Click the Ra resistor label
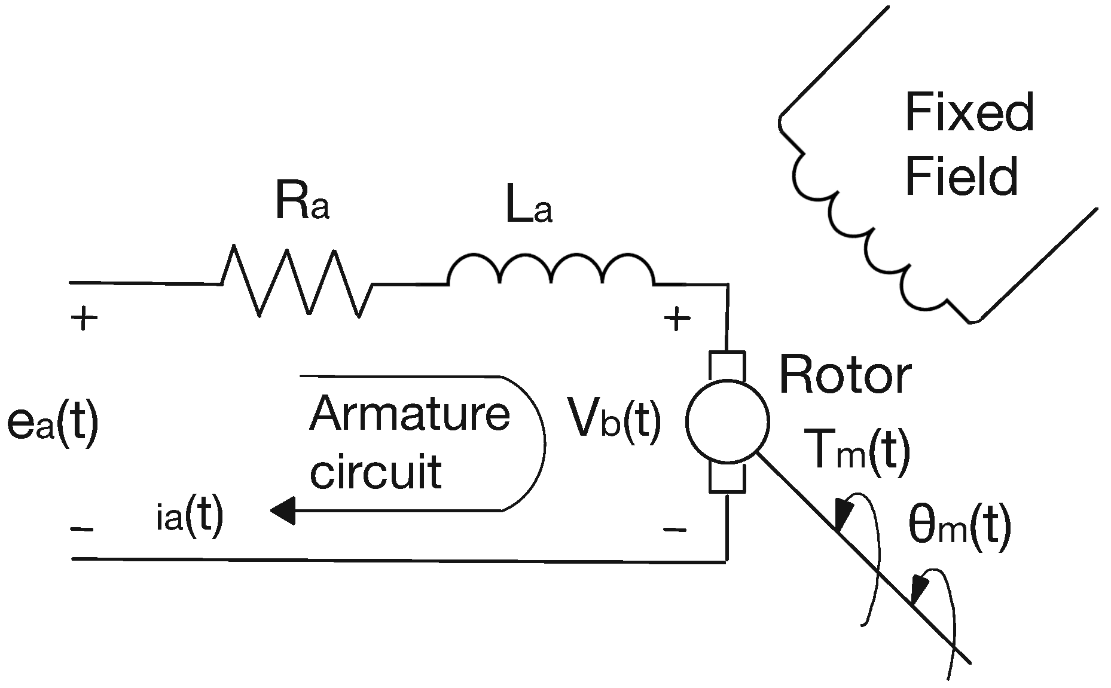coord(302,201)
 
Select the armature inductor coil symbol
coord(551,269)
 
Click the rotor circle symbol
coord(727,421)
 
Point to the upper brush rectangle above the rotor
coord(727,366)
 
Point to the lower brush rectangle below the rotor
coord(727,478)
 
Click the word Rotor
coord(845,375)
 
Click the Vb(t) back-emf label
coord(615,420)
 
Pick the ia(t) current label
coord(190,515)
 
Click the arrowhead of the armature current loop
coord(283,510)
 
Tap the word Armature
coord(410,414)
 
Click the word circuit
coord(376,471)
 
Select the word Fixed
coord(969,113)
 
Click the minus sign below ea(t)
coord(82,529)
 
